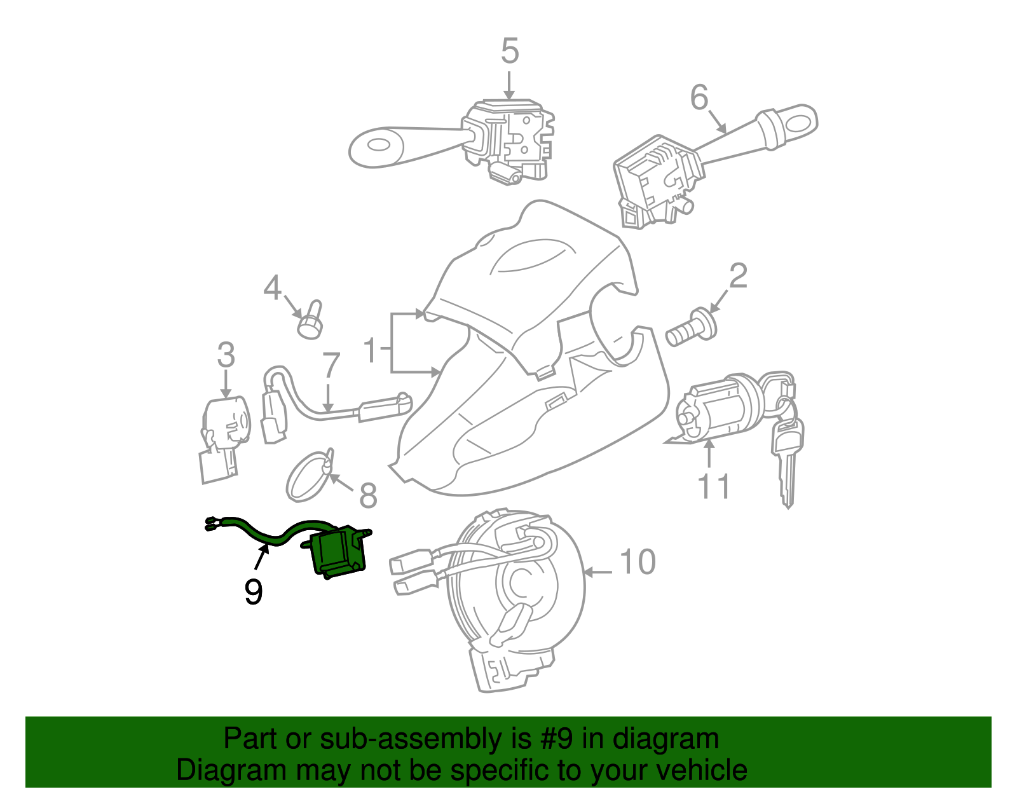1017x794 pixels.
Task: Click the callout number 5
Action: [510, 51]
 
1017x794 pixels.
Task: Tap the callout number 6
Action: [699, 98]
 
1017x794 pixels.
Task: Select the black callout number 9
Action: [253, 592]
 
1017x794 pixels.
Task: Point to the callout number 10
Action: [637, 562]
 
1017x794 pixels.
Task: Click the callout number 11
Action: [714, 487]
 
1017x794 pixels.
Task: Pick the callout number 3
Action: [226, 355]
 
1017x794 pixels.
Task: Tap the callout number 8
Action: [368, 495]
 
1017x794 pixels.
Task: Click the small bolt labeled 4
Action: [310, 320]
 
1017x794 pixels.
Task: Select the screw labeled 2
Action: [690, 328]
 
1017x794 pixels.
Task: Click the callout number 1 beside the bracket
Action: [372, 350]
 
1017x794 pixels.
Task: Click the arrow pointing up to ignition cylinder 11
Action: [709, 454]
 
